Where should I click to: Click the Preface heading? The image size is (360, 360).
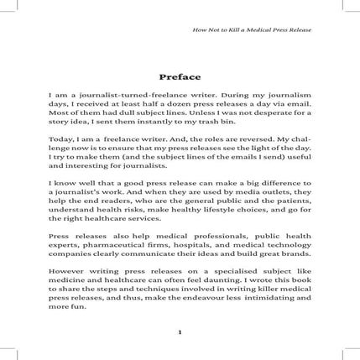(x=180, y=76)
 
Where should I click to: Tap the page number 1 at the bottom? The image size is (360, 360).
(x=180, y=331)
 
